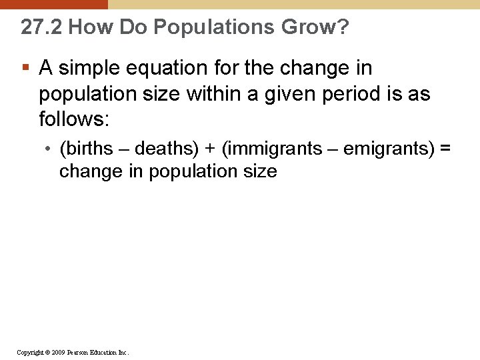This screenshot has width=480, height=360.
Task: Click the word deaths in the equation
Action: [x=162, y=148]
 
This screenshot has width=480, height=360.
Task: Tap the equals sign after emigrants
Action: [x=445, y=148]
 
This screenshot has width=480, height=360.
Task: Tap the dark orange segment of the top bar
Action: [x=53, y=4]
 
